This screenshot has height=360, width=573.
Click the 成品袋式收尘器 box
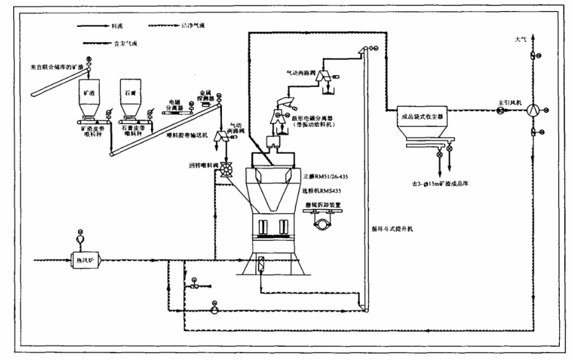coord(423,117)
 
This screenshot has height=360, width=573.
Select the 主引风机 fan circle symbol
coord(530,110)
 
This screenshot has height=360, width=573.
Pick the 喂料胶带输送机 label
coord(188,135)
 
